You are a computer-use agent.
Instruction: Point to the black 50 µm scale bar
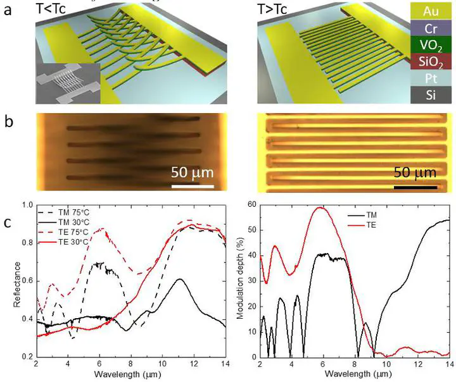[x=415, y=187]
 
